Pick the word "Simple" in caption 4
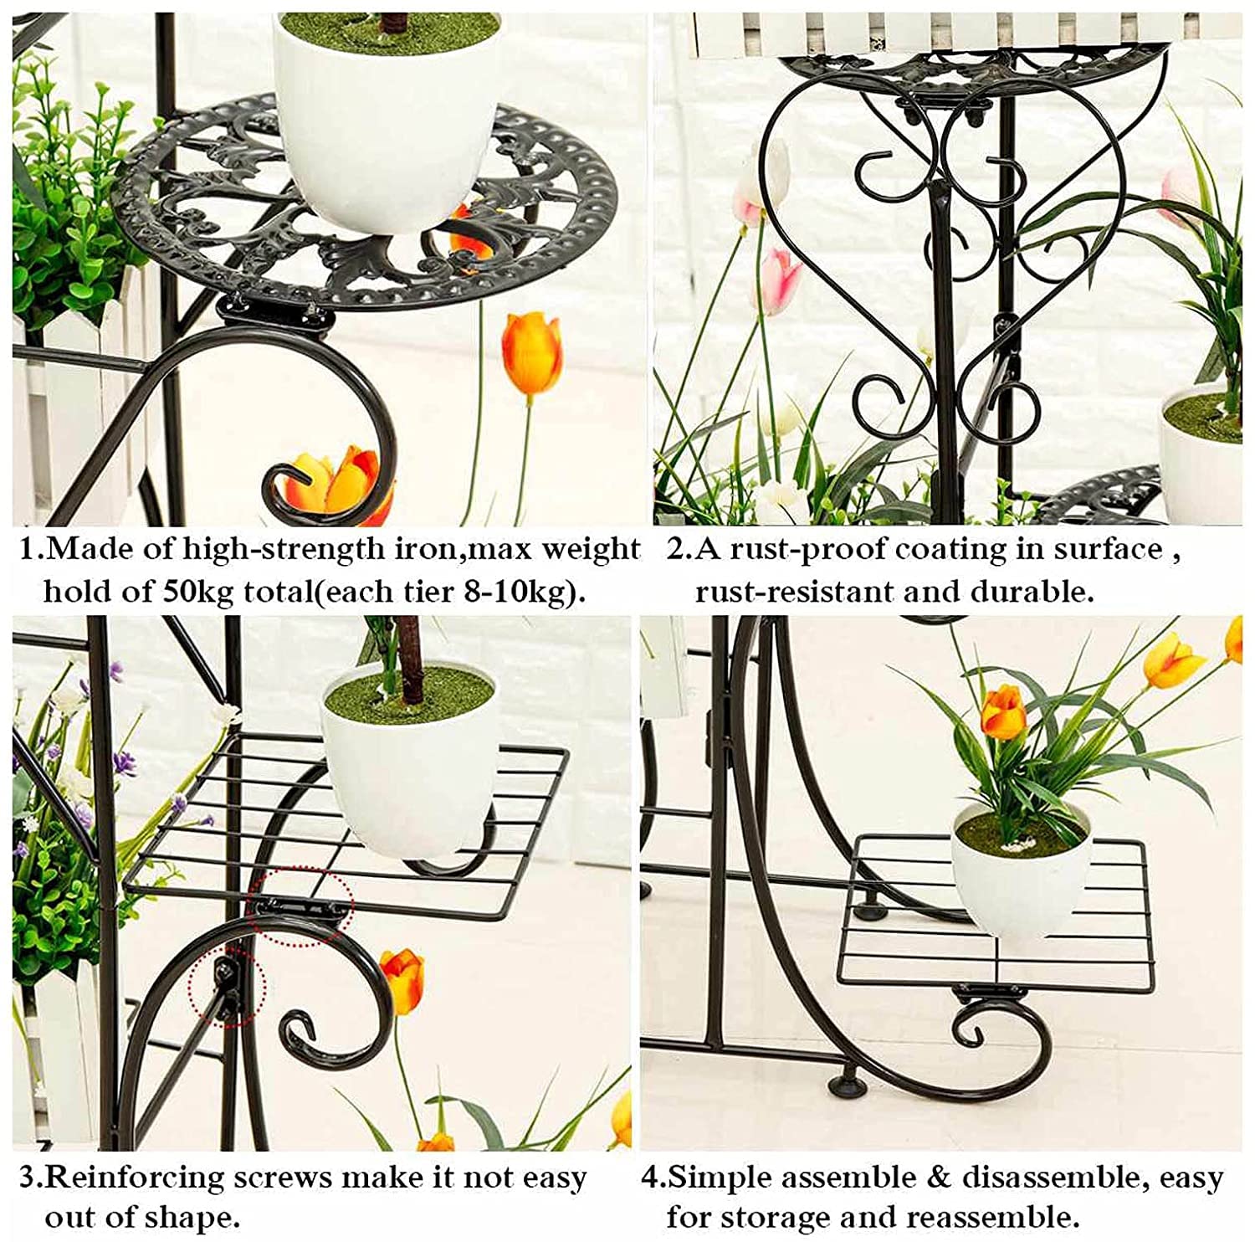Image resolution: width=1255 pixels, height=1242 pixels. coord(722,1178)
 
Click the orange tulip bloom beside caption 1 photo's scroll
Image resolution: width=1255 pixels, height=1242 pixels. coord(531,353)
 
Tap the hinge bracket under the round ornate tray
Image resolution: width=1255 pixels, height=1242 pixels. coord(276,315)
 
